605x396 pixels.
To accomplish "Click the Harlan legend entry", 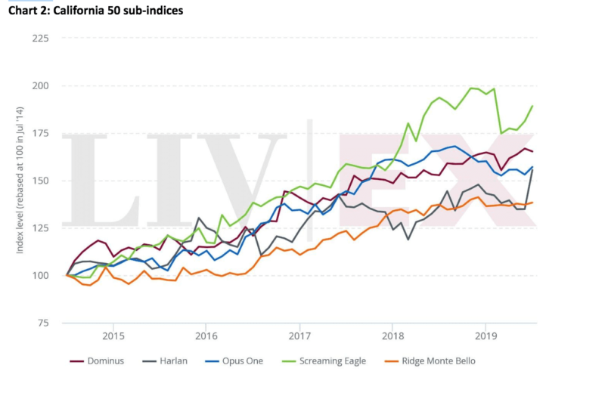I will [171, 360].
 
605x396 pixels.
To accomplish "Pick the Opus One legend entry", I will [239, 360].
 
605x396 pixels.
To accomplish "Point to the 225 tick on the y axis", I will [42, 39].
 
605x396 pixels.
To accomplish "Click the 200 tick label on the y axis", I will [42, 85].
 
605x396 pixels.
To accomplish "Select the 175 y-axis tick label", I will [42, 133].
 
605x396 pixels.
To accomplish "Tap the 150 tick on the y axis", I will [42, 181].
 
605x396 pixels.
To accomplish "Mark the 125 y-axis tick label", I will [42, 227].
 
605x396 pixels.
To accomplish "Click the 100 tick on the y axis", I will [42, 275].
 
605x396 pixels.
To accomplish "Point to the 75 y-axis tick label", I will [44, 323].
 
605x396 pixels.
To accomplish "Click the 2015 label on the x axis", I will [113, 335].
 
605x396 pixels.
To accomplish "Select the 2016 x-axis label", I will [206, 335].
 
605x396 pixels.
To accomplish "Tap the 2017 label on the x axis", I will [299, 335].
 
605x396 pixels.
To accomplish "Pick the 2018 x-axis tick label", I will [392, 335].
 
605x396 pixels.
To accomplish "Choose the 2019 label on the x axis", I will [486, 335].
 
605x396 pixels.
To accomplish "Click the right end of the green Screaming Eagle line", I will [532, 106].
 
